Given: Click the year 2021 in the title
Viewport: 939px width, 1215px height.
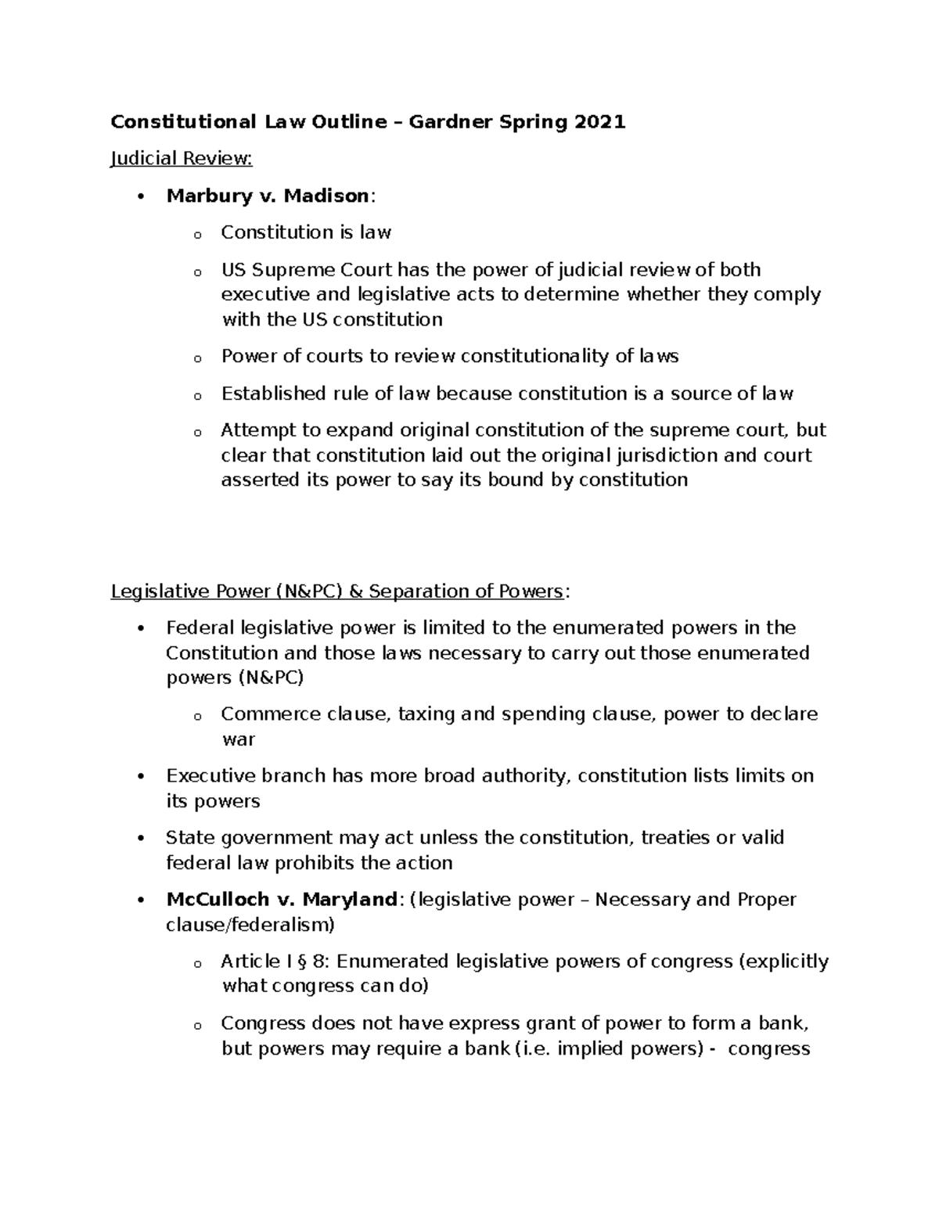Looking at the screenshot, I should (x=600, y=122).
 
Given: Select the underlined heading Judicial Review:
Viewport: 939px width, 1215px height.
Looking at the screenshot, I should (x=182, y=159).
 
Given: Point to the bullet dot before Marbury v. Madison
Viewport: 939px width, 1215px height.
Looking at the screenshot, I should (x=141, y=196).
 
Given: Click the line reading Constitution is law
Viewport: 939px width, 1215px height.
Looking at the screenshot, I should (x=306, y=232).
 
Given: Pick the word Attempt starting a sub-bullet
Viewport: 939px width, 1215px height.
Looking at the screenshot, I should (x=252, y=430).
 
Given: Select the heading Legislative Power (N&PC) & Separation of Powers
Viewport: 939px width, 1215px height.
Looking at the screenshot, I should (x=336, y=591).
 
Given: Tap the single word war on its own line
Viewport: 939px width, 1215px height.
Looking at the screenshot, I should (x=239, y=739).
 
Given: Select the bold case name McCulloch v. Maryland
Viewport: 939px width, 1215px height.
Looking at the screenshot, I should (x=282, y=900).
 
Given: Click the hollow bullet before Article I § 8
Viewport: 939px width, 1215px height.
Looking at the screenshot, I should (x=197, y=964).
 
